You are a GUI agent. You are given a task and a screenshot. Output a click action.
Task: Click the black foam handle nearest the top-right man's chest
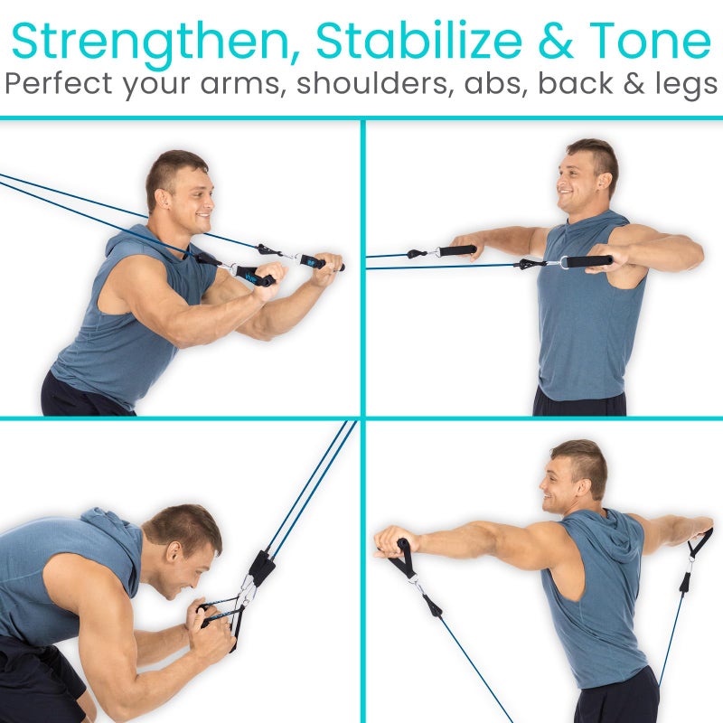(x=588, y=262)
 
